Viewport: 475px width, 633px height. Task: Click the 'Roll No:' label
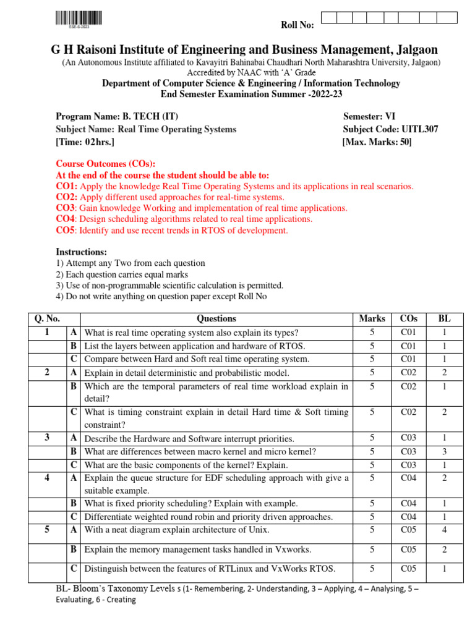coord(297,25)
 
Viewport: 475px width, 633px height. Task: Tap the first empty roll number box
coord(330,17)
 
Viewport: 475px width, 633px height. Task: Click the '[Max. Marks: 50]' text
coord(377,142)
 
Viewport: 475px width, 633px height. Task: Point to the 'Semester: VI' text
coord(372,116)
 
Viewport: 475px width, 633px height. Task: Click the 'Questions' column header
coord(216,319)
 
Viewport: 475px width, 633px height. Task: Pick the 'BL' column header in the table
coord(444,319)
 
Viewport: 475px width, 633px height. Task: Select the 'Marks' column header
coord(372,319)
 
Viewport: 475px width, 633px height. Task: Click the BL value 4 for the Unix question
coord(444,530)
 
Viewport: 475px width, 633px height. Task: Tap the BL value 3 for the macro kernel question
coord(444,452)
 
